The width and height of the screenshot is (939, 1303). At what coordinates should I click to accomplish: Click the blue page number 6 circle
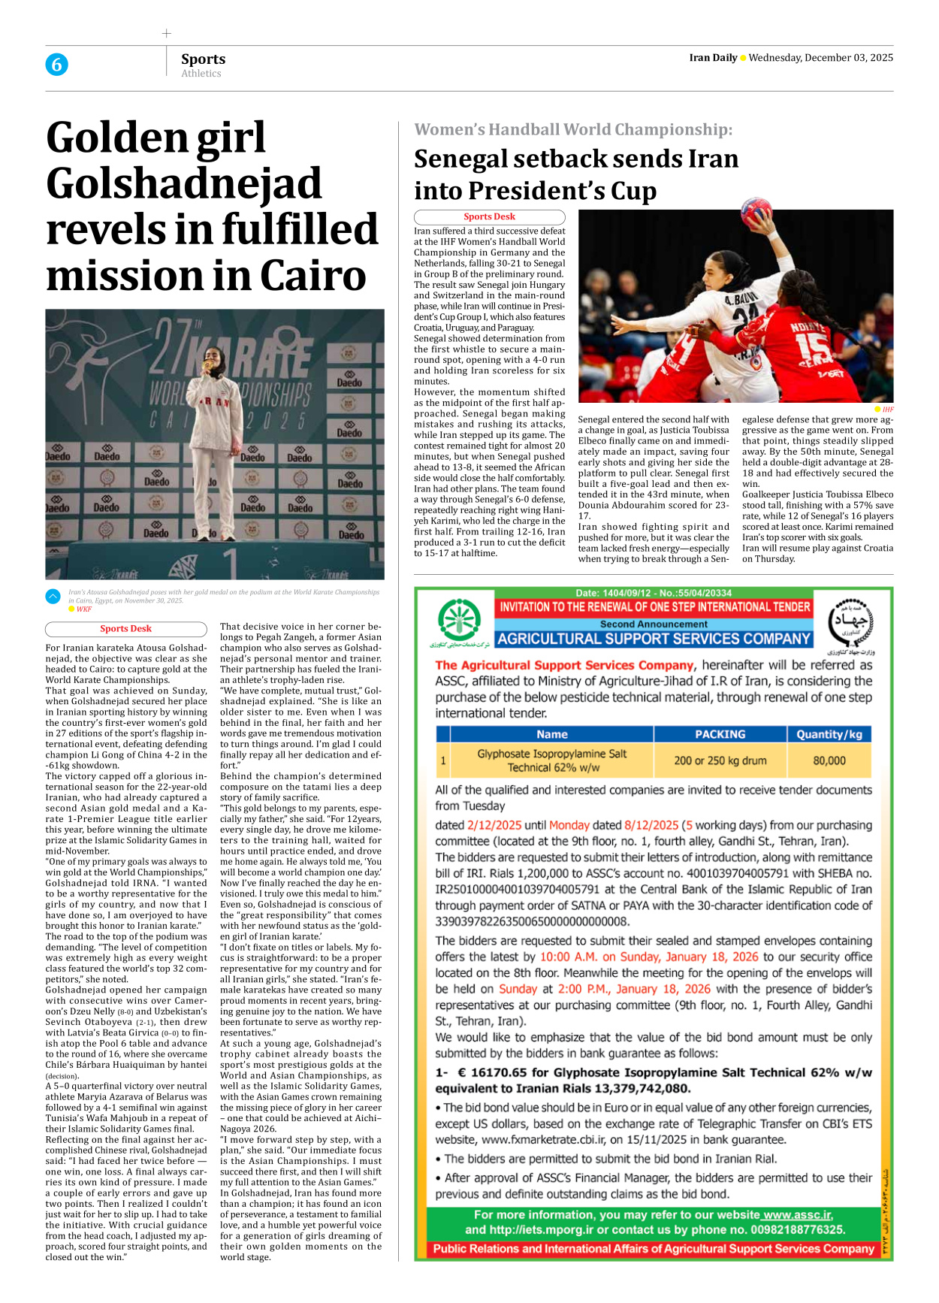point(56,65)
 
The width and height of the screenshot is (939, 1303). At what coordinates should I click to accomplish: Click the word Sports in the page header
point(203,59)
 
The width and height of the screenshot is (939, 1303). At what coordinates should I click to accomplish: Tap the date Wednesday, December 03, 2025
point(820,58)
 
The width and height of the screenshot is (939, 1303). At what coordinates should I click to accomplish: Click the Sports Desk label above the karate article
point(125,629)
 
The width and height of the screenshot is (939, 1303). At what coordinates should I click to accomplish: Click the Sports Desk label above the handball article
point(489,216)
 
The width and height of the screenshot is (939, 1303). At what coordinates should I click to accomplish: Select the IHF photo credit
point(888,410)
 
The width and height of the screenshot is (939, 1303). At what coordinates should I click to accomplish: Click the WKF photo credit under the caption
point(83,609)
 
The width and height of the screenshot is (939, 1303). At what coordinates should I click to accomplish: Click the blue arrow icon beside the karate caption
point(53,597)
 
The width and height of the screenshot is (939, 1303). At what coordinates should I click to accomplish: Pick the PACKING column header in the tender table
point(720,734)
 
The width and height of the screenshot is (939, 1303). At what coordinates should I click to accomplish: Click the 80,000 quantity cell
point(829,760)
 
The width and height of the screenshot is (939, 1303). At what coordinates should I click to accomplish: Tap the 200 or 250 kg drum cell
point(720,760)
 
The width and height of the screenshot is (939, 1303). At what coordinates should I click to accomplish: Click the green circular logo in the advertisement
point(459,621)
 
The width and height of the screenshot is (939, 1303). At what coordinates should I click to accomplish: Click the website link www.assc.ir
point(797,1214)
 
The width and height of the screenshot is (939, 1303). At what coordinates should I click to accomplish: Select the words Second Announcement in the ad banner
point(653,624)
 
